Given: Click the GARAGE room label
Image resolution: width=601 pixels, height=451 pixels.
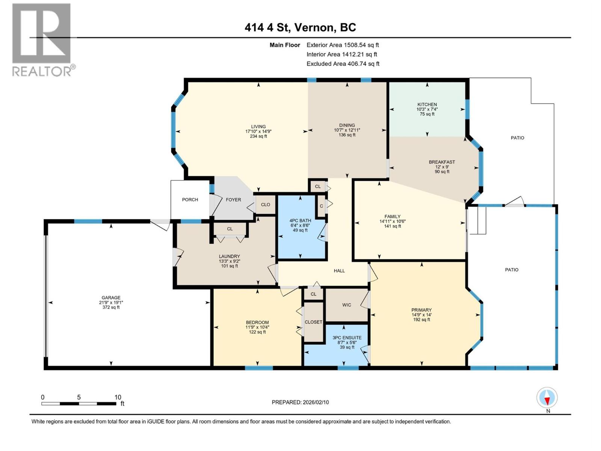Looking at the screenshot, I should (111, 298).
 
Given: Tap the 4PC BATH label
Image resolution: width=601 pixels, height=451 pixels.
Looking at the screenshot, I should (300, 221).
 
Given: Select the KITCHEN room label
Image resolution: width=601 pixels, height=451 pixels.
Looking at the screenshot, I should (427, 104).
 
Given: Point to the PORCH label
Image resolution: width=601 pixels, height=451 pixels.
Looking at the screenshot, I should (190, 200).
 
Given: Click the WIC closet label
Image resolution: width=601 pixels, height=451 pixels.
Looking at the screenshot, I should (347, 305).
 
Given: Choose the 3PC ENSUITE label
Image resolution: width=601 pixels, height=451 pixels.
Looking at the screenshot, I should (347, 337).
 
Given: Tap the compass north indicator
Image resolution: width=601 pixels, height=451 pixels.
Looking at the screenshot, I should (547, 398).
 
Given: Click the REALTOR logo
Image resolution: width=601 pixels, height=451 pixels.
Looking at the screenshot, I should (42, 39).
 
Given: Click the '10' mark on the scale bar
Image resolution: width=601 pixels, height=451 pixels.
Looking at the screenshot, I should (118, 397).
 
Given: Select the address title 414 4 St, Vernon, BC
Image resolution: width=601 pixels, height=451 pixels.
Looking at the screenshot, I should (300, 27).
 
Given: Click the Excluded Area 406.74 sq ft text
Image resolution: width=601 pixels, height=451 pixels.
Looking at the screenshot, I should (343, 64).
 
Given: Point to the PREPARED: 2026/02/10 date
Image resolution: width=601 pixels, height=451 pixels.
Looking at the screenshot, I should (300, 402).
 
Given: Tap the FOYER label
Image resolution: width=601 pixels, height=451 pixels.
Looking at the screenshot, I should (233, 200).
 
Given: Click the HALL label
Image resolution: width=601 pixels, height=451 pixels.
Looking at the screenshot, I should (339, 271).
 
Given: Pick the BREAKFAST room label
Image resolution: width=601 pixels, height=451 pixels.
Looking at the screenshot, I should (442, 162).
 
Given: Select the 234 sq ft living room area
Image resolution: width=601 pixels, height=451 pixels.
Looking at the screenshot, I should (258, 136).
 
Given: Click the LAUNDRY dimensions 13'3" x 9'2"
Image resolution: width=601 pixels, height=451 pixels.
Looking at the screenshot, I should (229, 261).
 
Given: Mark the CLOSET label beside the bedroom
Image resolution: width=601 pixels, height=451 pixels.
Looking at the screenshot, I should (313, 322).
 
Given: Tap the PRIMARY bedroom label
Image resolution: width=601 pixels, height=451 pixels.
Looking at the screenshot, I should (421, 310).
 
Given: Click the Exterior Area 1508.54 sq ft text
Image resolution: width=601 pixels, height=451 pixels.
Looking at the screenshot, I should (343, 45).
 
